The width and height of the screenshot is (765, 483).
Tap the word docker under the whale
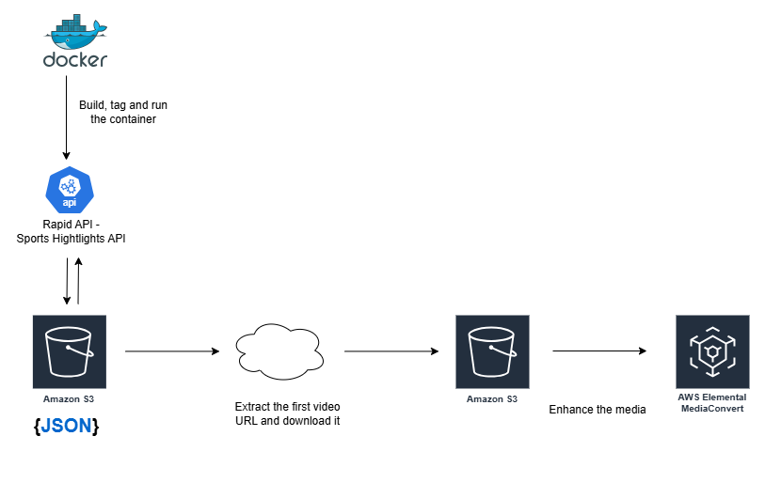[75, 59]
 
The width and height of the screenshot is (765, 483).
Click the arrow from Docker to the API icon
[67, 117]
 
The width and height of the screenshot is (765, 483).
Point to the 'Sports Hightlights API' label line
[72, 239]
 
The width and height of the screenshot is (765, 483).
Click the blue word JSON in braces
[66, 426]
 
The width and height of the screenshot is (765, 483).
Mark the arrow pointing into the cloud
[171, 351]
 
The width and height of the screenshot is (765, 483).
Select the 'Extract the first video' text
[287, 407]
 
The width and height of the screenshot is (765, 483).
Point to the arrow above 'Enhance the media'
[599, 351]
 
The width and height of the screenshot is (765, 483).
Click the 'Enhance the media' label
[598, 409]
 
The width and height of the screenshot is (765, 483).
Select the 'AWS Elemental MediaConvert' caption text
[711, 403]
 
